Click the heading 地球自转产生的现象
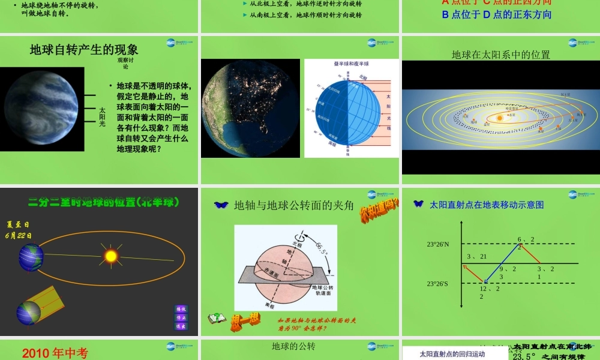coord(84,50)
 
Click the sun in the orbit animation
coord(110,256)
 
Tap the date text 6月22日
coord(19,236)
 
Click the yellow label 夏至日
coord(18,224)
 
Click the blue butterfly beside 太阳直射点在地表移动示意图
coord(419,204)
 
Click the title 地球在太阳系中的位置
coord(500,55)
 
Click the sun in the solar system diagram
coord(499,118)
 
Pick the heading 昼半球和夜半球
coord(352,64)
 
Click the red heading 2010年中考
coord(55,353)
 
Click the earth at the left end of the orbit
coord(30,256)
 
